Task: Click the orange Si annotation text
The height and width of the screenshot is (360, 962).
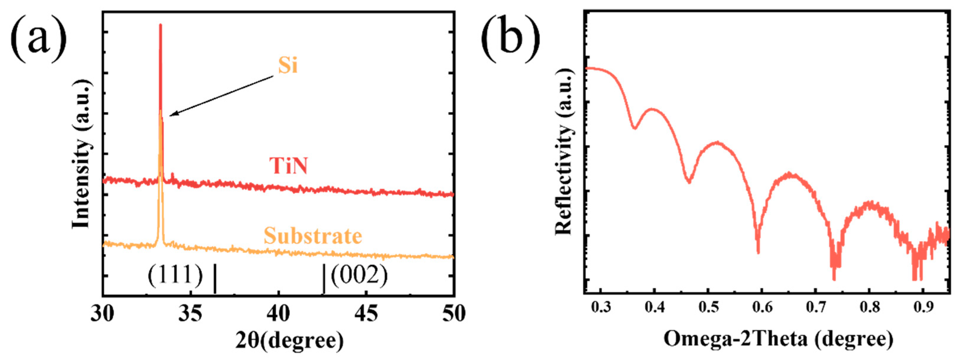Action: (x=287, y=65)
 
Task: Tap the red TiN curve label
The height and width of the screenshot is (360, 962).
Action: (x=288, y=166)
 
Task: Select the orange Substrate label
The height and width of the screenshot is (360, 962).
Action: (x=313, y=236)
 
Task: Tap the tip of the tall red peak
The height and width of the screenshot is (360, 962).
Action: (x=160, y=25)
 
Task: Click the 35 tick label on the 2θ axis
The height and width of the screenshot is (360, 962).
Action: (x=191, y=314)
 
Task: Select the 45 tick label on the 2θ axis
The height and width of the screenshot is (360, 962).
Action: (x=366, y=314)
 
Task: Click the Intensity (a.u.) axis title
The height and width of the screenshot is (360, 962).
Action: (x=82, y=154)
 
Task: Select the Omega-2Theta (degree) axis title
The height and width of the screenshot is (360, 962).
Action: (x=778, y=339)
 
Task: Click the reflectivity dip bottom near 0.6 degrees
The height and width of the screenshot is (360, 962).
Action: (x=758, y=252)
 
